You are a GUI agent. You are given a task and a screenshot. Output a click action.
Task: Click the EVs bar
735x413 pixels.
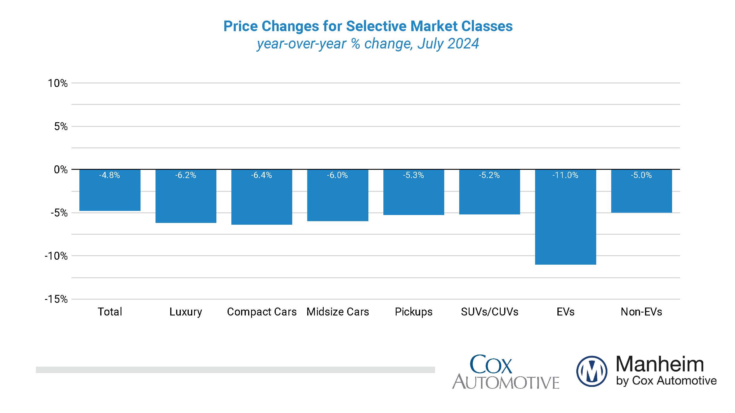click(x=565, y=220)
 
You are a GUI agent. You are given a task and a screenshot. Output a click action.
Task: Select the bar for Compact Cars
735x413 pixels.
click(x=262, y=200)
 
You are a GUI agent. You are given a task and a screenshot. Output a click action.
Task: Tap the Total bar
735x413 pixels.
click(x=110, y=194)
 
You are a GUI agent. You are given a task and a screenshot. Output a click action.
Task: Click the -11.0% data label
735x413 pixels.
click(x=565, y=175)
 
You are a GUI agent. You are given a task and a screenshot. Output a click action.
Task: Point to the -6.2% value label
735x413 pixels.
click(x=186, y=175)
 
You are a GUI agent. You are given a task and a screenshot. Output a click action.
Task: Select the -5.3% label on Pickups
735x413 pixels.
click(x=413, y=175)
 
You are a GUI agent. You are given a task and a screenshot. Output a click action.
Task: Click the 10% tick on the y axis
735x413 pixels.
click(x=58, y=83)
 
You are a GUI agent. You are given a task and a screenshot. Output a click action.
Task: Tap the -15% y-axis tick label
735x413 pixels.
click(x=56, y=299)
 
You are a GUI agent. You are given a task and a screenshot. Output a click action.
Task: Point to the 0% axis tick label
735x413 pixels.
click(x=61, y=169)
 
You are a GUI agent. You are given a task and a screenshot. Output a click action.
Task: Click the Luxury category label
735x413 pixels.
click(x=186, y=312)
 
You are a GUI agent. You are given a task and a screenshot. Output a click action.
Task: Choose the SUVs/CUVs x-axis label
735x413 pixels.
click(x=490, y=312)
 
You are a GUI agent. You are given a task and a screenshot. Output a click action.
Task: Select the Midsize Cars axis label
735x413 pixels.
click(x=338, y=312)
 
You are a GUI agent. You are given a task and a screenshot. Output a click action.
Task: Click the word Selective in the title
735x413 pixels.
click(x=377, y=26)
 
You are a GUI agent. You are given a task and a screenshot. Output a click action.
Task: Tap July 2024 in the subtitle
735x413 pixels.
click(x=448, y=44)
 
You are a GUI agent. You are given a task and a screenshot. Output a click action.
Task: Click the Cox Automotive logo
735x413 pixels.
click(x=505, y=372)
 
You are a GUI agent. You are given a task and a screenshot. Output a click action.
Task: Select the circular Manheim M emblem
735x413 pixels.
click(x=592, y=371)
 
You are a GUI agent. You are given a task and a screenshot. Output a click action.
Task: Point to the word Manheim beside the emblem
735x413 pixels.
click(x=660, y=364)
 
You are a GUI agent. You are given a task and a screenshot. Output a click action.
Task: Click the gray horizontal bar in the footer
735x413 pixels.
click(x=235, y=370)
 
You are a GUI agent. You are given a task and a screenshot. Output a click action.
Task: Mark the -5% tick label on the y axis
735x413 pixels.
click(x=59, y=213)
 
